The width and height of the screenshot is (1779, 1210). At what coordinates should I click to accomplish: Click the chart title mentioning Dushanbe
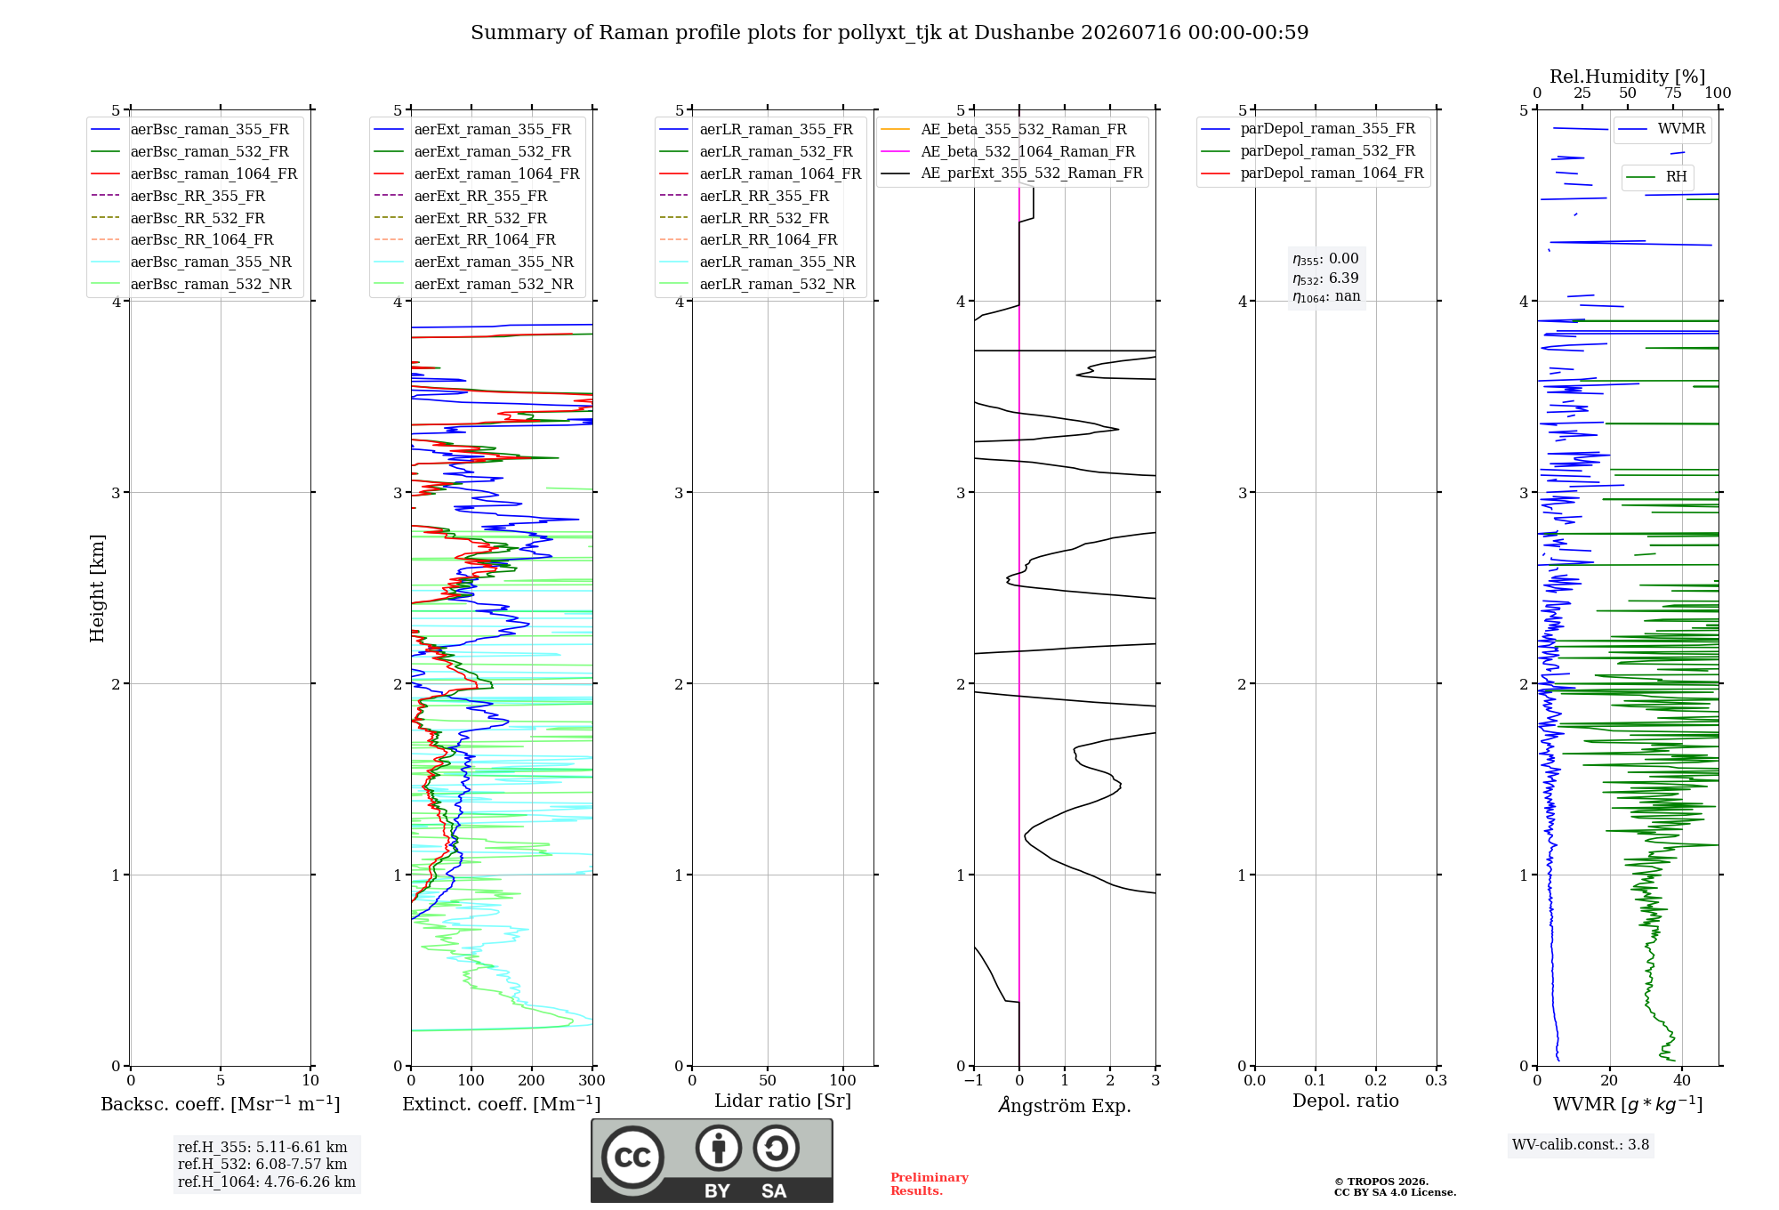pos(889,33)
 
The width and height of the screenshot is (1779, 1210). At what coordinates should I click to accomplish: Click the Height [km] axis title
pos(97,588)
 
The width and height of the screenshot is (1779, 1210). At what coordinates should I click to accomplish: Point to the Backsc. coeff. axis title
pos(221,1104)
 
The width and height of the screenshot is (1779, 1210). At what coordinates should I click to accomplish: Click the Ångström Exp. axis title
pos(1065,1105)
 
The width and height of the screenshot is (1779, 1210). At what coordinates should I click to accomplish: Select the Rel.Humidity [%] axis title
pos(1628,77)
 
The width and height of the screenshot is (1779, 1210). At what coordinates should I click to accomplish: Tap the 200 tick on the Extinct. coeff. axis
pos(532,1081)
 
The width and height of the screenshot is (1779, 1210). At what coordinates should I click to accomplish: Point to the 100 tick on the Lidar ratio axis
pos(842,1081)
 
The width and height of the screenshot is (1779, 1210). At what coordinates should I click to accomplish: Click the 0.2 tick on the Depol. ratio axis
pos(1376,1081)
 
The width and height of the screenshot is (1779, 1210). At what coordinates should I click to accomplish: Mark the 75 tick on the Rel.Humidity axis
pos(1673,93)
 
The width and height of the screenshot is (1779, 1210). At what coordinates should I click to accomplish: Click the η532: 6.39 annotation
pos(1326,278)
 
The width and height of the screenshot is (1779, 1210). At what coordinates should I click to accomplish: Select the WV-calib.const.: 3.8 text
pos(1581,1145)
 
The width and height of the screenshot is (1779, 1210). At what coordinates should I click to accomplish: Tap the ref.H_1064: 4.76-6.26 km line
pos(267,1182)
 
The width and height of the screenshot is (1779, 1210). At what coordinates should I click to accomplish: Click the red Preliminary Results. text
pos(930,1184)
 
